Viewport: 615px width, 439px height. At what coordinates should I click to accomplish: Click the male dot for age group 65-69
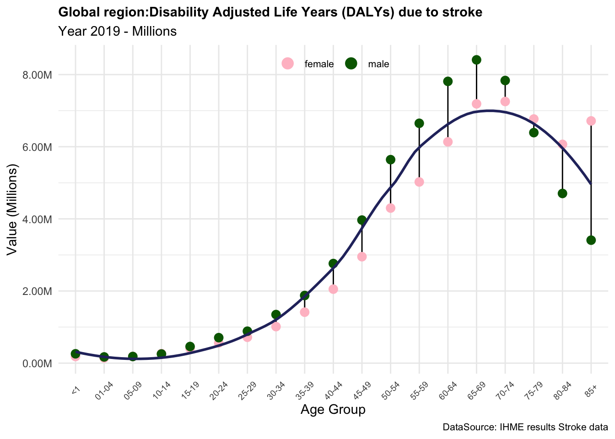pos(476,60)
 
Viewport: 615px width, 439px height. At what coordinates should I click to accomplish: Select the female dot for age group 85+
pos(591,121)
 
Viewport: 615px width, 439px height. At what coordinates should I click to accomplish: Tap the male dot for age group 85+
pos(591,240)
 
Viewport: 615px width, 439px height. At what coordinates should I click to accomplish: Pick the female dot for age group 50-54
pos(390,208)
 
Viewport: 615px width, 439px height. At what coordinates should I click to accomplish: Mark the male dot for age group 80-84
pos(562,193)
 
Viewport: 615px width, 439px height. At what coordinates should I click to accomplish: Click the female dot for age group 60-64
pos(448,142)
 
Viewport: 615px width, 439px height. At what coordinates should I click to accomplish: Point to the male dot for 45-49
pos(362,220)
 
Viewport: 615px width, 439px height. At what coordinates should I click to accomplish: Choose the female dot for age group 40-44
pos(333,289)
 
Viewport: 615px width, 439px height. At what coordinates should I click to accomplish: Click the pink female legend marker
pos(287,64)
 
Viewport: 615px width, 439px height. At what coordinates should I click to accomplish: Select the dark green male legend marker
pos(351,64)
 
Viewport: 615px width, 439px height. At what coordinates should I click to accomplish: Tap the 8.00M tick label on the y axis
pos(38,75)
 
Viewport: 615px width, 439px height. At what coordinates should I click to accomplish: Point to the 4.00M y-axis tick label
pos(38,219)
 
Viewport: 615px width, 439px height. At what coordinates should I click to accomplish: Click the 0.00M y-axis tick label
pos(38,364)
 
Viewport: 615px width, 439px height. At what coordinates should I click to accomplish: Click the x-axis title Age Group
pos(333,410)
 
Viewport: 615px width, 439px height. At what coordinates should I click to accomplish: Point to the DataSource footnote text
pos(525,428)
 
